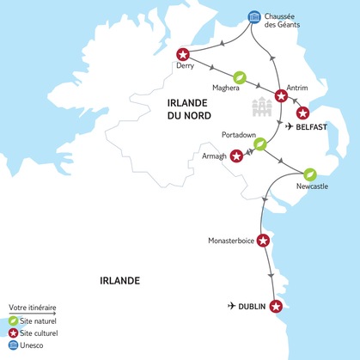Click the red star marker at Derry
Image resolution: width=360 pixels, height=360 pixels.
(181, 54)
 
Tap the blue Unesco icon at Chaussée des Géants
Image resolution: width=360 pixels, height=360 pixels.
(253, 17)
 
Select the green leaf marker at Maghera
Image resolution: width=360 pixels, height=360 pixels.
(241, 77)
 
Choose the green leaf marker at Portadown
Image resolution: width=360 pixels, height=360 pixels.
(259, 144)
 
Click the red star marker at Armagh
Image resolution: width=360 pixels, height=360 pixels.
(236, 156)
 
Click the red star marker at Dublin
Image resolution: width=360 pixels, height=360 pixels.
(276, 306)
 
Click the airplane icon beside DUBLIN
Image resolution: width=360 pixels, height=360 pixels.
(231, 306)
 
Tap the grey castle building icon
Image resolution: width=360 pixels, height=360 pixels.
(261, 109)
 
